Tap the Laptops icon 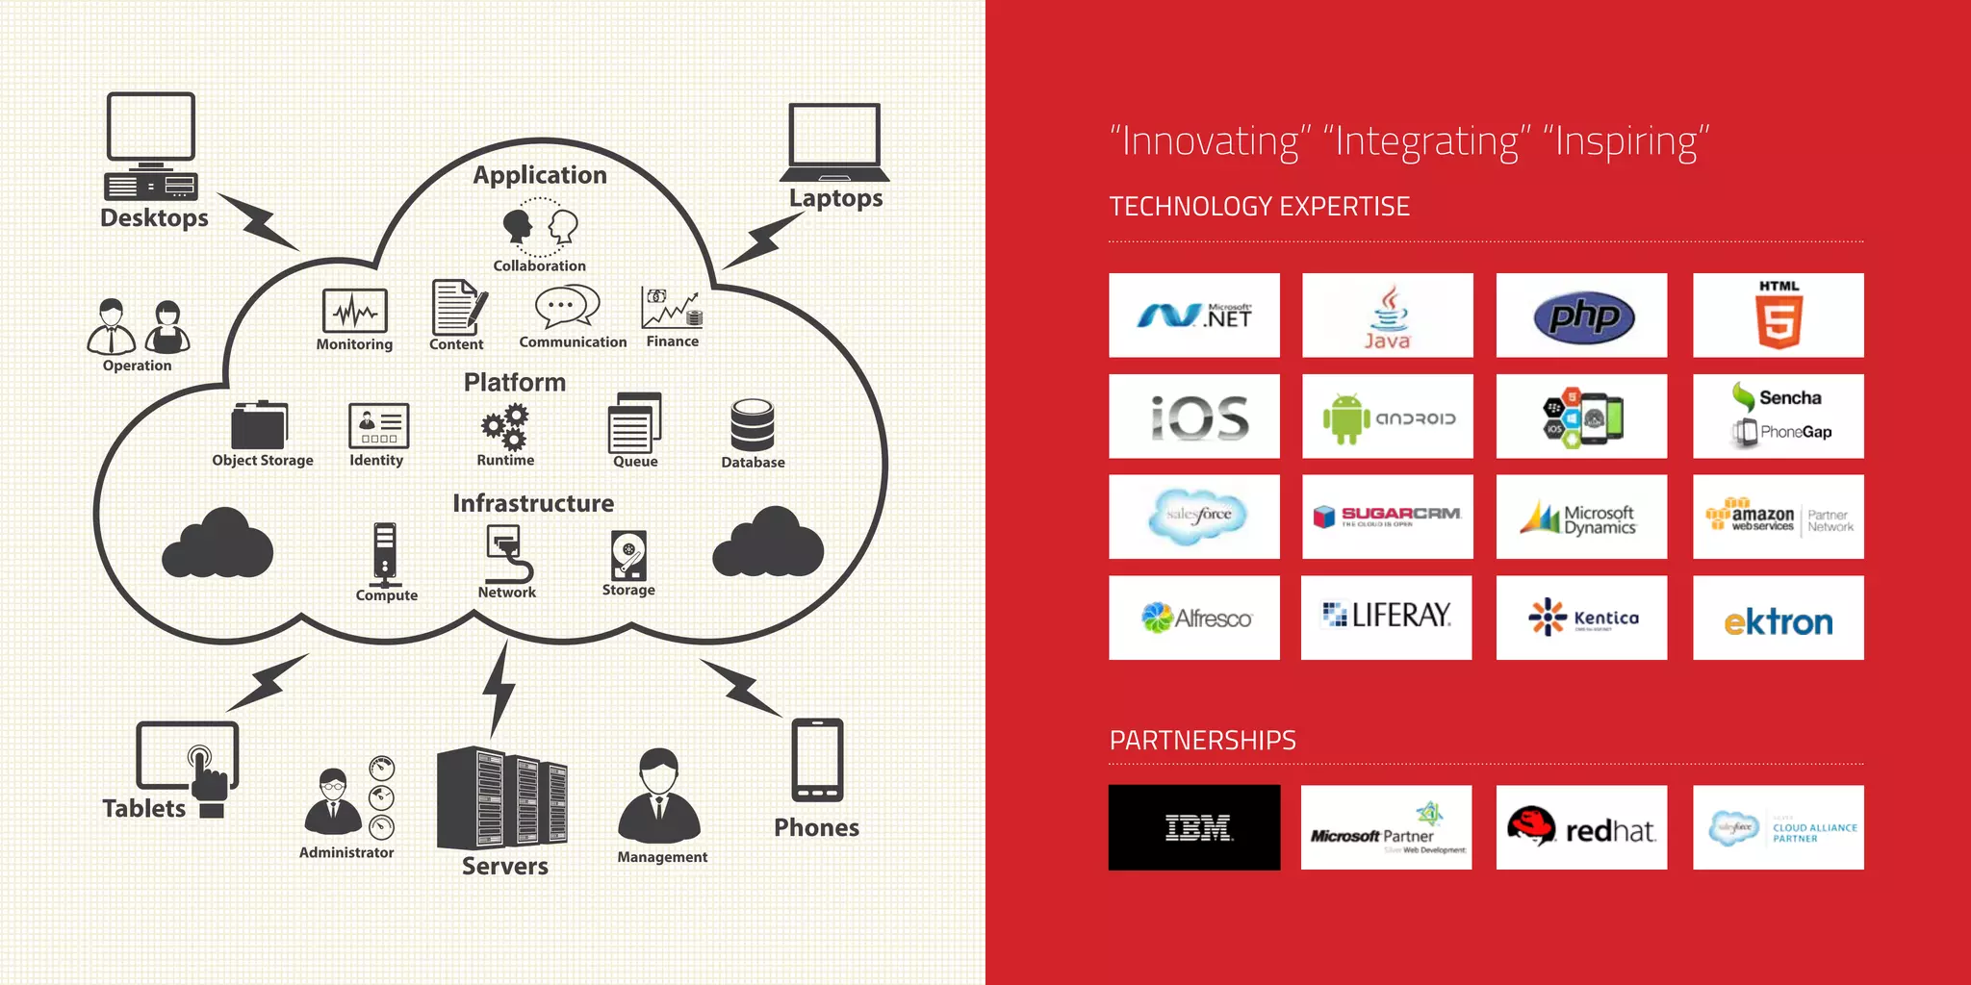pos(834,142)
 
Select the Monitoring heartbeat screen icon pos(355,312)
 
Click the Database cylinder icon pos(752,425)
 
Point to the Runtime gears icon pos(505,427)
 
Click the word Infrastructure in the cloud pos(533,503)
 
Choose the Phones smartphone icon pos(817,760)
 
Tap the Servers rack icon pos(501,797)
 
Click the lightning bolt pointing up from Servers pos(499,689)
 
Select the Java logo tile pos(1387,316)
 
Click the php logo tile pos(1581,316)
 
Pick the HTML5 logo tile pos(1778,316)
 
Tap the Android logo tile pos(1387,417)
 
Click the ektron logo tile pos(1778,618)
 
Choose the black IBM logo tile pos(1194,827)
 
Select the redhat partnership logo pos(1581,827)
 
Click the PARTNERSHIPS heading pos(1202,740)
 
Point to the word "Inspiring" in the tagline pos(1627,141)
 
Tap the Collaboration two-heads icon pos(540,227)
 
